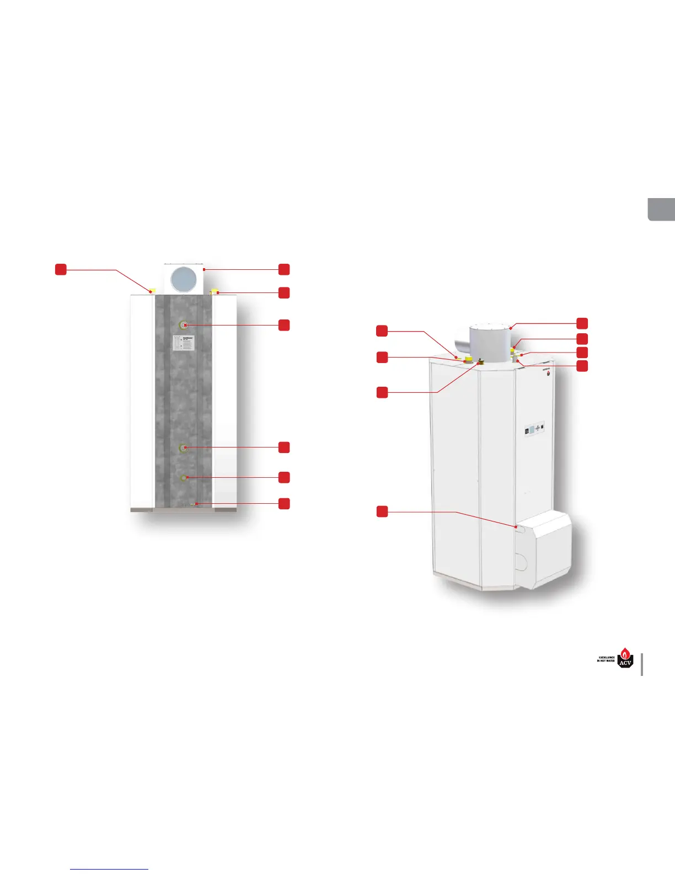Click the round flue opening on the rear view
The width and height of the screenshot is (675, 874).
pyautogui.click(x=184, y=280)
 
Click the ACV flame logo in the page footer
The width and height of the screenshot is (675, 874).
pyautogui.click(x=625, y=658)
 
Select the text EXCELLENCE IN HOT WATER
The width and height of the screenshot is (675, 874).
pyautogui.click(x=606, y=659)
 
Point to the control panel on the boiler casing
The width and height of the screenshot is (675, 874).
pyautogui.click(x=534, y=428)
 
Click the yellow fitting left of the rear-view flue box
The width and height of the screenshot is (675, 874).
pyautogui.click(x=153, y=290)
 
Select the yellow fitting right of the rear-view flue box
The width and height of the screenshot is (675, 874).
pyautogui.click(x=215, y=291)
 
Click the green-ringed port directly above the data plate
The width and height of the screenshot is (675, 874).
pyautogui.click(x=184, y=325)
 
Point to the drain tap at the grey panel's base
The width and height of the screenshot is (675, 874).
pyautogui.click(x=192, y=504)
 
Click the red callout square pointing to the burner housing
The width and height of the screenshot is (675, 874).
pyautogui.click(x=382, y=511)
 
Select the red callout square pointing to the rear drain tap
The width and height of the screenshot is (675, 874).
pyautogui.click(x=284, y=503)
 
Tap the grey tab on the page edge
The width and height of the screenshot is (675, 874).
pyautogui.click(x=661, y=209)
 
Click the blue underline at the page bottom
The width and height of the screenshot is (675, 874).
pyautogui.click(x=109, y=869)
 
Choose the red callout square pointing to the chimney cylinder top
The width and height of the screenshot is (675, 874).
pyautogui.click(x=582, y=323)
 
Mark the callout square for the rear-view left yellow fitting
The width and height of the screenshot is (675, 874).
pyautogui.click(x=61, y=269)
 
